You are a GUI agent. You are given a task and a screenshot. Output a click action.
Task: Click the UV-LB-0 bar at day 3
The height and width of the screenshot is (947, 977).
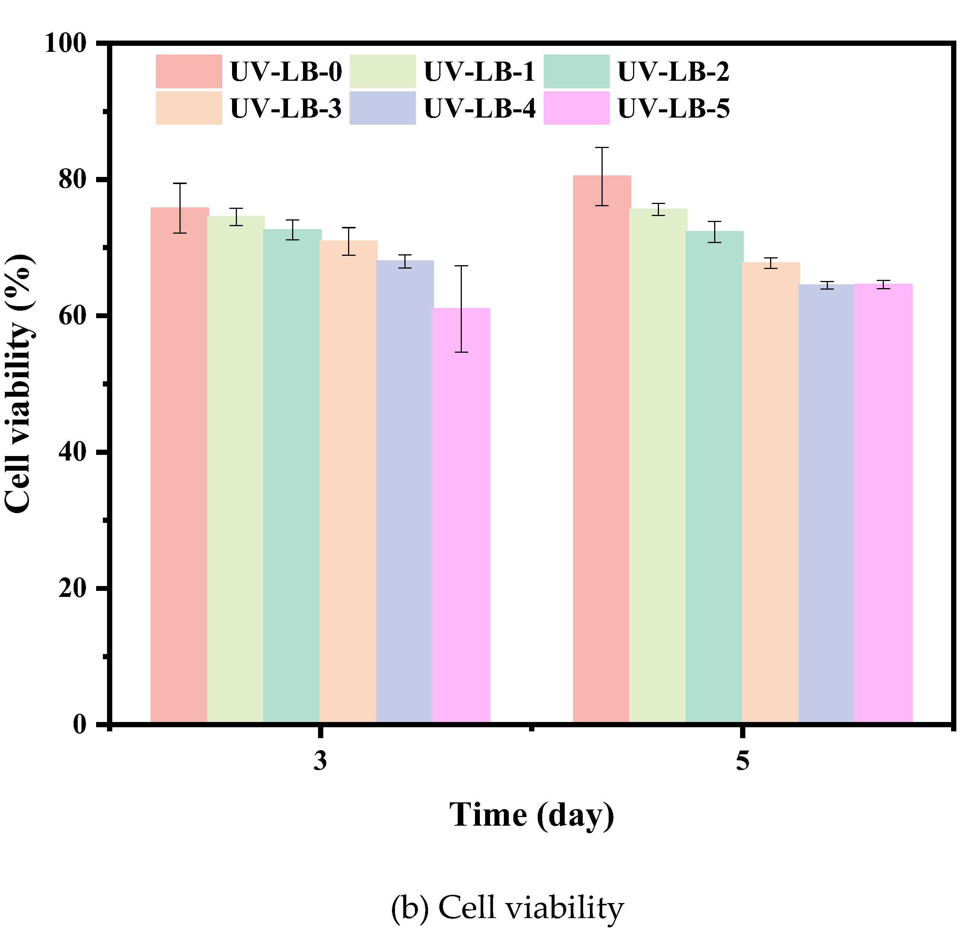point(179,466)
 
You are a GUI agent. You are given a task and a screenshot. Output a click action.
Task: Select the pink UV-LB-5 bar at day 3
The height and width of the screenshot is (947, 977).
point(461,516)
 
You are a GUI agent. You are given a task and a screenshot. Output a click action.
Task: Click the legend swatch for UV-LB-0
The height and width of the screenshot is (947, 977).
point(189,71)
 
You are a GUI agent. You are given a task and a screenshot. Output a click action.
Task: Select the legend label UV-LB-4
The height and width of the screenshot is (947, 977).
point(479,108)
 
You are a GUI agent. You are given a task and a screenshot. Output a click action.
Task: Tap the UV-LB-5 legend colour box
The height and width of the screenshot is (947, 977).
point(577,108)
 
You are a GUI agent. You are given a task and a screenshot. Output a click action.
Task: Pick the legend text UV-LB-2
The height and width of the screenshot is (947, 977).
point(674,71)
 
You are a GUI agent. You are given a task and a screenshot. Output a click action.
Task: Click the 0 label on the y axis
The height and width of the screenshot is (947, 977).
point(80,724)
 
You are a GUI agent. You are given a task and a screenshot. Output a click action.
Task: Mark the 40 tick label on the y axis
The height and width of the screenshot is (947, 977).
point(73,452)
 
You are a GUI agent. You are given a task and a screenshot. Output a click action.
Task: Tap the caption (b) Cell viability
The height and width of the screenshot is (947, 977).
point(507,908)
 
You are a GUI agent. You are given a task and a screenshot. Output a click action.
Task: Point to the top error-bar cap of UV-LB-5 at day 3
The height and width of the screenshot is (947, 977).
point(461,266)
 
